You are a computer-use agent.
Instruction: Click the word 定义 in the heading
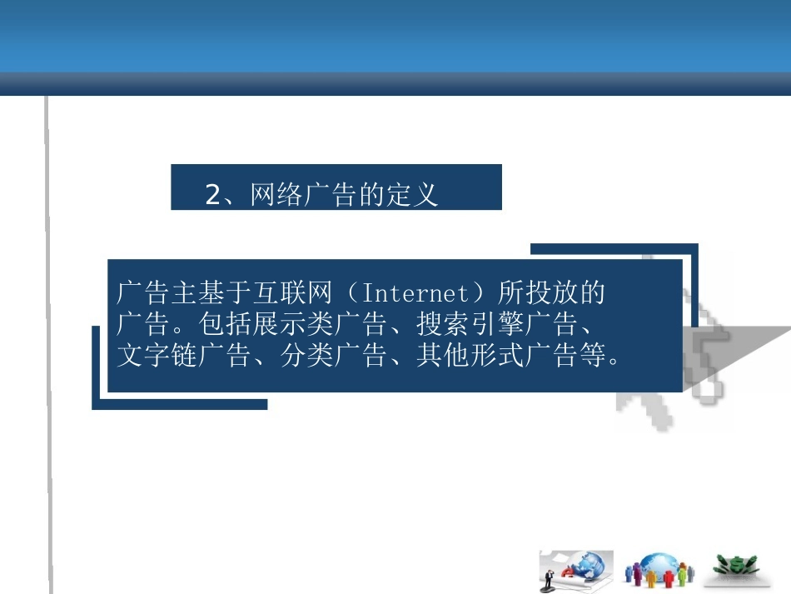tap(414, 196)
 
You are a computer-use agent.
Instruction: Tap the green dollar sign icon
tap(738, 564)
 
